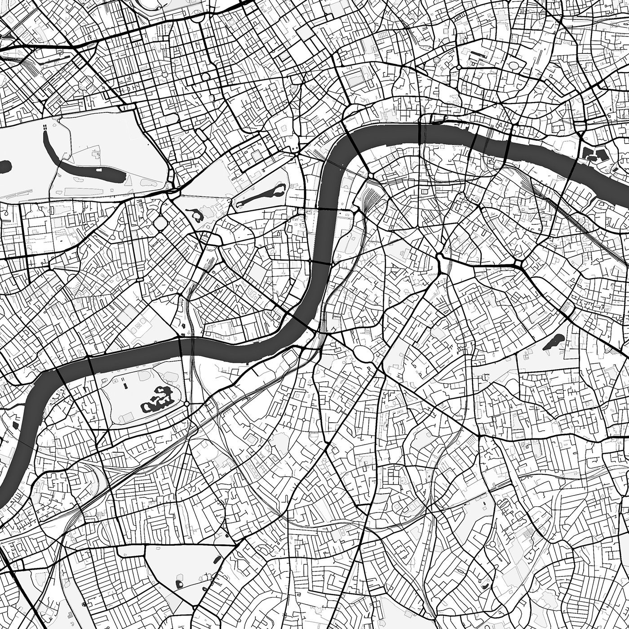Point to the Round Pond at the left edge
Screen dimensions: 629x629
coord(4,166)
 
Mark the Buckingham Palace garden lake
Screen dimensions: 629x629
coord(197,215)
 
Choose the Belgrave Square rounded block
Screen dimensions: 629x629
coord(160,223)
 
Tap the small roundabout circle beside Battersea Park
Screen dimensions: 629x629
coord(186,404)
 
